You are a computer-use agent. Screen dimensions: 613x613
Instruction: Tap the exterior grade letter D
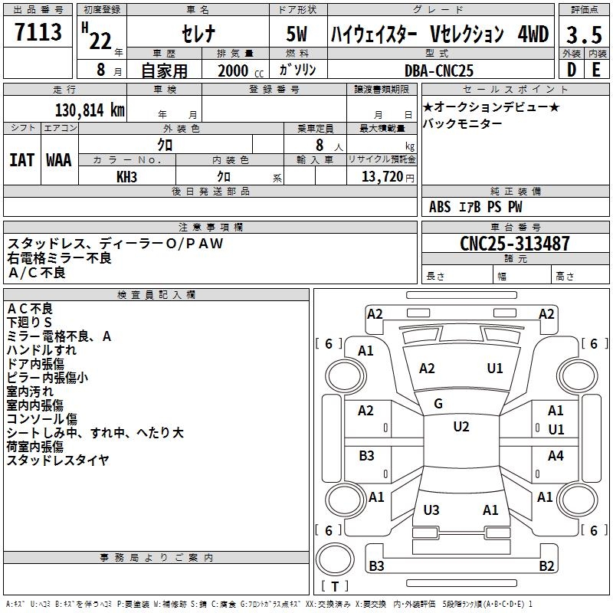click(x=571, y=70)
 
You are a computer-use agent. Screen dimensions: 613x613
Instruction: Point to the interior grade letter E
click(x=596, y=70)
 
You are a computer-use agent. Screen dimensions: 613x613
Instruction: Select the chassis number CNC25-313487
click(x=515, y=244)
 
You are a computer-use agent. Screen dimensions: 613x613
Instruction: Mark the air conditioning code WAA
click(x=59, y=160)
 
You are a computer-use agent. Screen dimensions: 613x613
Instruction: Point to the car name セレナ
click(x=197, y=34)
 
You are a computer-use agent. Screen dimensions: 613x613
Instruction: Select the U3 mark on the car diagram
click(x=431, y=510)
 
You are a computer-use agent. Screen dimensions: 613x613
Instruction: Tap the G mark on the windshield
click(x=438, y=404)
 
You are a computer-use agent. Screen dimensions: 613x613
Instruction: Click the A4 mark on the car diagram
click(x=556, y=456)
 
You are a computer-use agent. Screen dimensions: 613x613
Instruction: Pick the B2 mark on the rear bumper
click(x=546, y=566)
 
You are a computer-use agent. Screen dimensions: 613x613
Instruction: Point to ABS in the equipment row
click(x=440, y=207)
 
